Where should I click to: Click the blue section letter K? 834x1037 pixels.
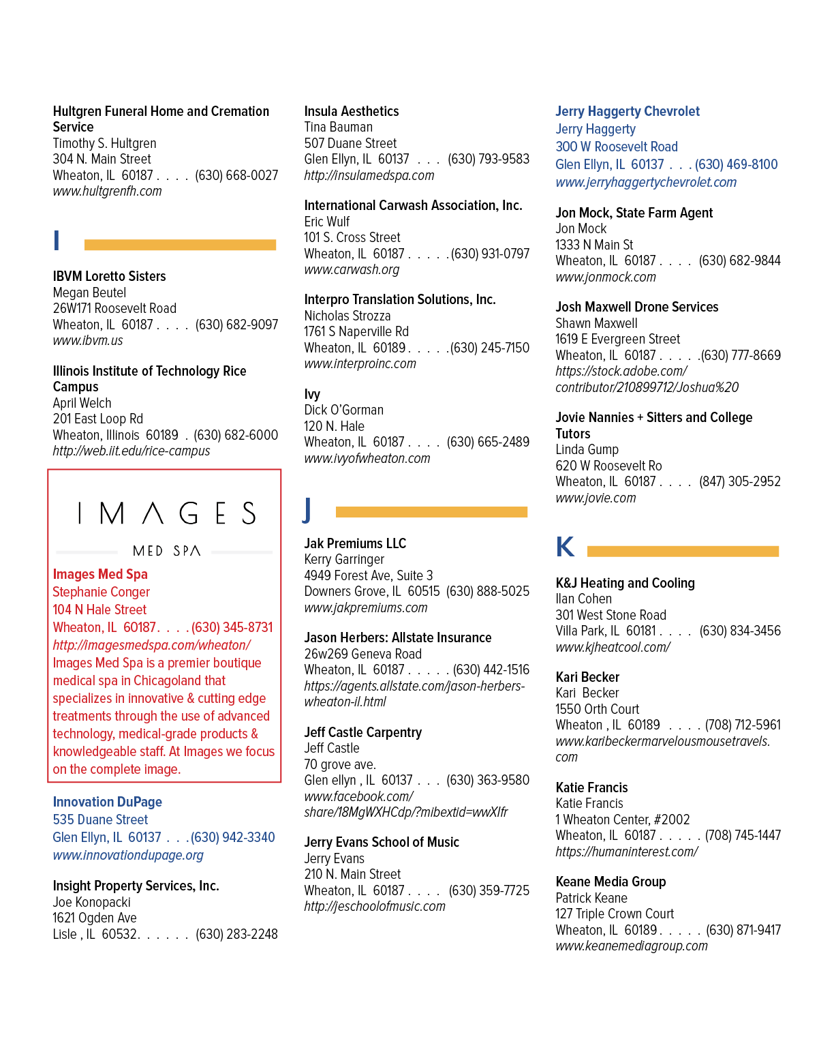(x=565, y=546)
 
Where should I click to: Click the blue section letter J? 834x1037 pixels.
(x=307, y=510)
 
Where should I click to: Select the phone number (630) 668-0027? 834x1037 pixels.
(x=236, y=175)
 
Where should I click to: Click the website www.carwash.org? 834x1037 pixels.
(x=352, y=269)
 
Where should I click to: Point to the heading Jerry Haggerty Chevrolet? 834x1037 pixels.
(x=628, y=111)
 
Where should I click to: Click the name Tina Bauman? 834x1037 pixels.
(x=339, y=127)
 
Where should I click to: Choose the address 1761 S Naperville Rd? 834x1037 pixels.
(x=356, y=331)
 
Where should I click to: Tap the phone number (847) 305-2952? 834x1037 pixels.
(x=739, y=481)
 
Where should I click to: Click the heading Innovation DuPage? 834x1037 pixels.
(x=108, y=802)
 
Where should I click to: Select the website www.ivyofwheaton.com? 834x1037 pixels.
(x=367, y=458)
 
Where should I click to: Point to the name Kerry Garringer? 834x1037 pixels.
(x=344, y=560)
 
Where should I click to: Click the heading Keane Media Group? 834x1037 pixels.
(x=611, y=882)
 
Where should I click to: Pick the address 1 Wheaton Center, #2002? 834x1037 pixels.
(x=623, y=820)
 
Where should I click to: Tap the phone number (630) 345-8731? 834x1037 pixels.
(x=232, y=627)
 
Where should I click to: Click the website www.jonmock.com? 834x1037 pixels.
(x=606, y=277)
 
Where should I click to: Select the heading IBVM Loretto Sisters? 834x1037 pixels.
(x=109, y=276)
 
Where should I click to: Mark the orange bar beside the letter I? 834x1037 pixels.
(x=180, y=245)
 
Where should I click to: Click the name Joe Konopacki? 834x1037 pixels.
(x=91, y=902)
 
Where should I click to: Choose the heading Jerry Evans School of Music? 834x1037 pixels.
(x=382, y=842)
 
